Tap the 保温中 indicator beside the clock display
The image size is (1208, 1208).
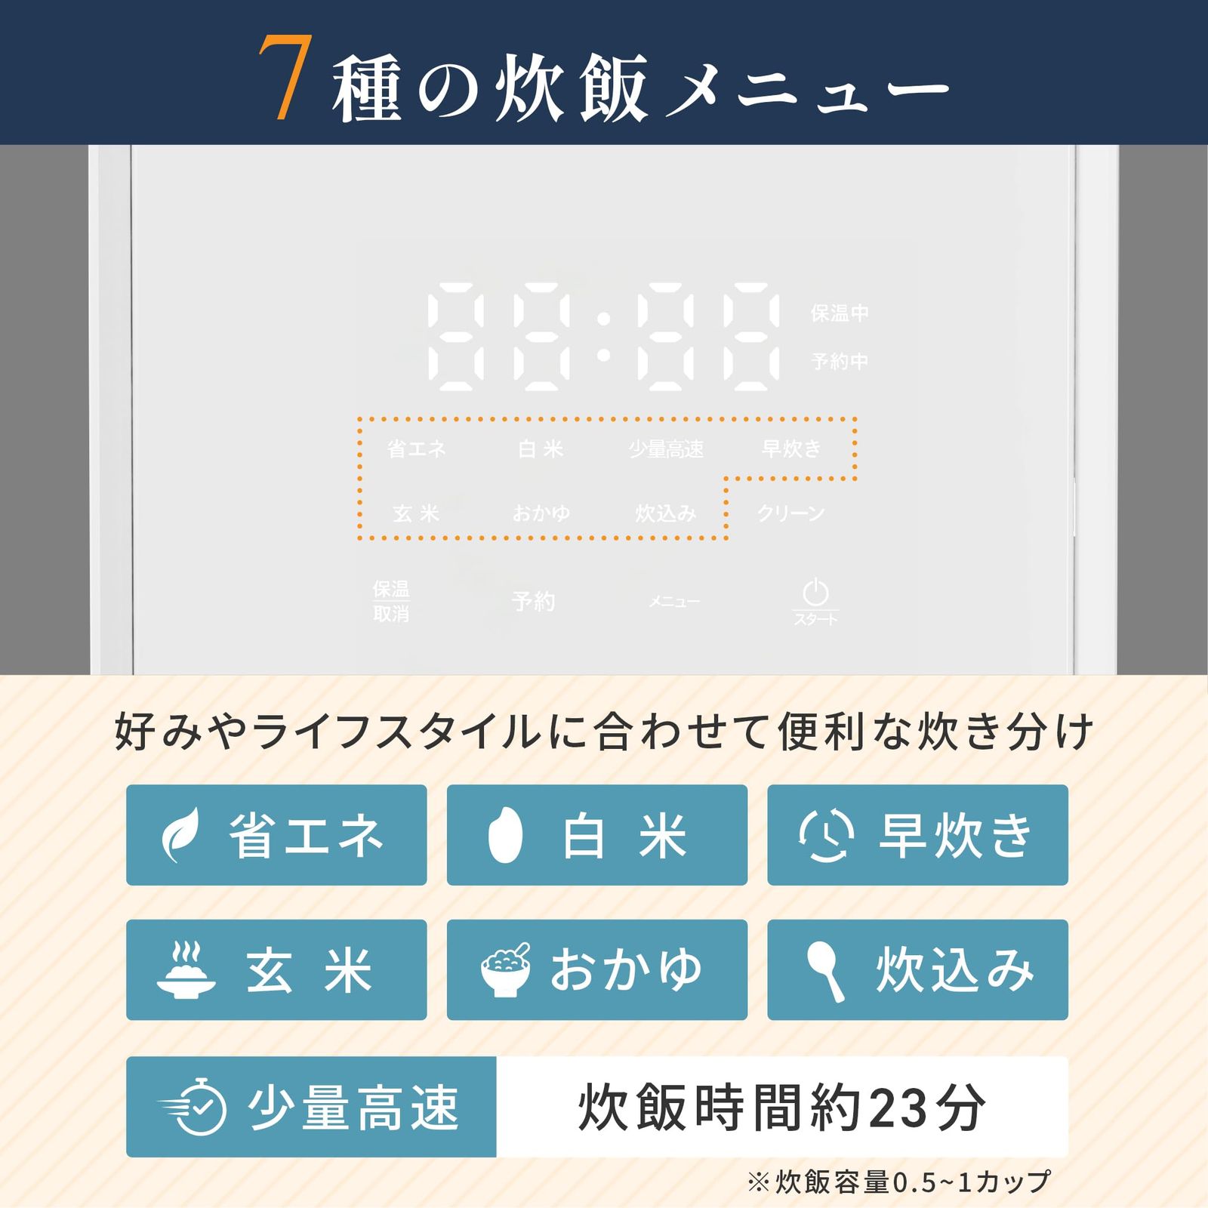(839, 313)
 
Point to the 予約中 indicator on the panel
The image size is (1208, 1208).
(839, 362)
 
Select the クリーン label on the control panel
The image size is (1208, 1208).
(790, 513)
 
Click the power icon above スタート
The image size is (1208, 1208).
(815, 592)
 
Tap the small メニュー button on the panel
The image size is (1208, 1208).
(674, 602)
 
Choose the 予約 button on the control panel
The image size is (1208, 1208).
(533, 602)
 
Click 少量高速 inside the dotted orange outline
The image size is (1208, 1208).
(666, 449)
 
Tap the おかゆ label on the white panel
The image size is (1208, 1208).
(541, 513)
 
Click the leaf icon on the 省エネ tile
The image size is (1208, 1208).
(182, 835)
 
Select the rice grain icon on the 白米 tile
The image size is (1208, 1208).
(504, 835)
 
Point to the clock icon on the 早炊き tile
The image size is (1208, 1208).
(826, 835)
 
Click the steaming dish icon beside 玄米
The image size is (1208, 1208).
(185, 970)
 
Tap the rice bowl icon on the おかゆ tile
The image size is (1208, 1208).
(505, 970)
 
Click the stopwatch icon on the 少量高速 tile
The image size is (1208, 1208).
(195, 1107)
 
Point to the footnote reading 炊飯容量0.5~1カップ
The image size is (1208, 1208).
(898, 1182)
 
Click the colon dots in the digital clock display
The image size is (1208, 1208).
(603, 337)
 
